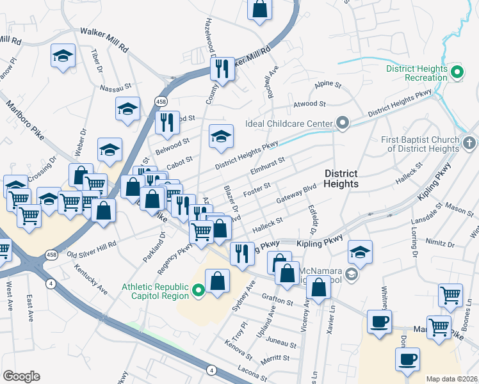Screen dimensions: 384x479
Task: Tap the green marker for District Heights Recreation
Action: pos(457,73)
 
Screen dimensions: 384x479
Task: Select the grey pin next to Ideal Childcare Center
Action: pos(343,123)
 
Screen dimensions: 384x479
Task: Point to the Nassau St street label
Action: pos(114,85)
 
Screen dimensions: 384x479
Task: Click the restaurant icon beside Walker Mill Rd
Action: pos(222,68)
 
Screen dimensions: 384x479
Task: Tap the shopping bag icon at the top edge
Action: pos(259,10)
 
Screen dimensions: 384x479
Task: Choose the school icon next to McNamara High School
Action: pos(360,252)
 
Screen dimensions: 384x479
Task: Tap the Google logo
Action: pos(21,376)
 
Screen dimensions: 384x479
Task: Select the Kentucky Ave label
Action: pos(90,276)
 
